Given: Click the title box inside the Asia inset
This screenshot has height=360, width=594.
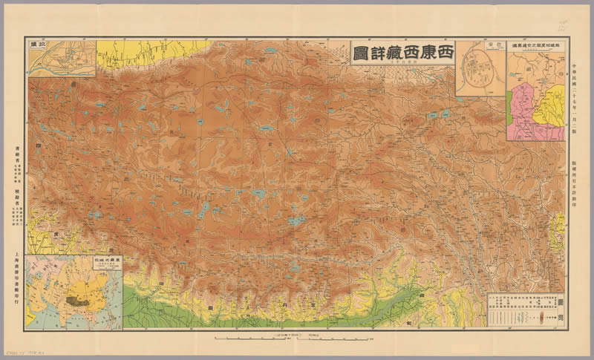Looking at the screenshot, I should (108, 264).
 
